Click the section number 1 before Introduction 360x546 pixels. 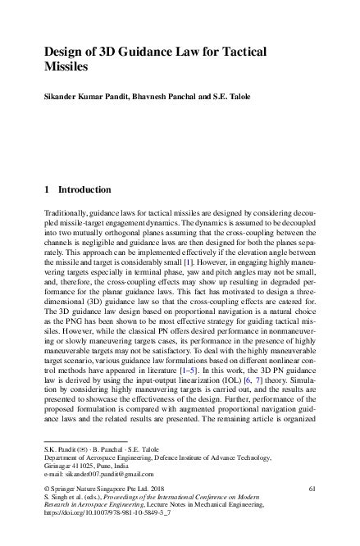(x=47, y=190)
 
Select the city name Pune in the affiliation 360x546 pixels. (x=101, y=466)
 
